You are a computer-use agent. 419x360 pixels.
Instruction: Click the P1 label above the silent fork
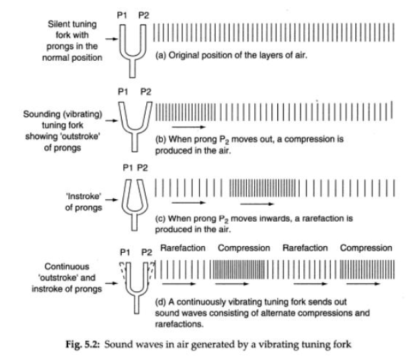coord(123,14)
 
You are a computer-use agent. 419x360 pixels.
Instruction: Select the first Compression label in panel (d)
coord(244,247)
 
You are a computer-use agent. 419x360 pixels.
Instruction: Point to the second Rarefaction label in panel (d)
coord(305,247)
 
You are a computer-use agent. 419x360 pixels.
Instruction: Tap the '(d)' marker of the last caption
coord(161,299)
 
